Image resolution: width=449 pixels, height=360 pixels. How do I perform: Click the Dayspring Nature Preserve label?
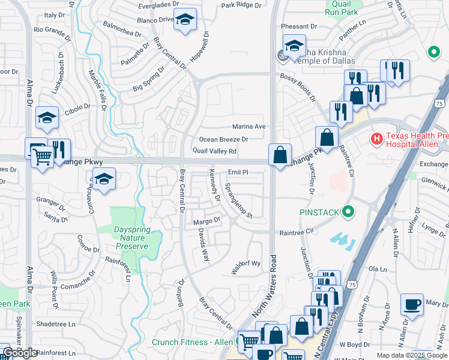coord(131,238)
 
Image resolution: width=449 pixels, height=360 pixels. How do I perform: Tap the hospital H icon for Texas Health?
coord(377,140)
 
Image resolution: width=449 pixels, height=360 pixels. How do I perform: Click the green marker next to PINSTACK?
coord(347,212)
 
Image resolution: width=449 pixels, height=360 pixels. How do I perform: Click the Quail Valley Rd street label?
coord(214,151)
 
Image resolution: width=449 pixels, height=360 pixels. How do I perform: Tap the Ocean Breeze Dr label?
coord(223,139)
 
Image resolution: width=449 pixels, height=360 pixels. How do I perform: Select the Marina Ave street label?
coord(249,127)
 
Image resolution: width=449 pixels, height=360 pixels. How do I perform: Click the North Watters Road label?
coord(274,287)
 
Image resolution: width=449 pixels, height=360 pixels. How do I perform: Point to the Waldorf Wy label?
coord(246,263)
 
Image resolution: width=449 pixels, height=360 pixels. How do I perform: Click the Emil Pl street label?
coord(238,172)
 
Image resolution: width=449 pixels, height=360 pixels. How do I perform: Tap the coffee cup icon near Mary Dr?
coord(412,304)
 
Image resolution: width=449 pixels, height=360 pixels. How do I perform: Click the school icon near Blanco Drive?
coord(185,20)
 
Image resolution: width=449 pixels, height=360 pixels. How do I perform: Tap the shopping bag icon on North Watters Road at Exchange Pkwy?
coord(280,155)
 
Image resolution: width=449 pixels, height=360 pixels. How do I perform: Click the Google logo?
coord(20,353)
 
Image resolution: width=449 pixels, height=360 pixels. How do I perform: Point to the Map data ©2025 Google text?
coord(411,355)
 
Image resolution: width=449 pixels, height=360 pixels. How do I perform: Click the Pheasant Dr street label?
coord(299,26)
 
